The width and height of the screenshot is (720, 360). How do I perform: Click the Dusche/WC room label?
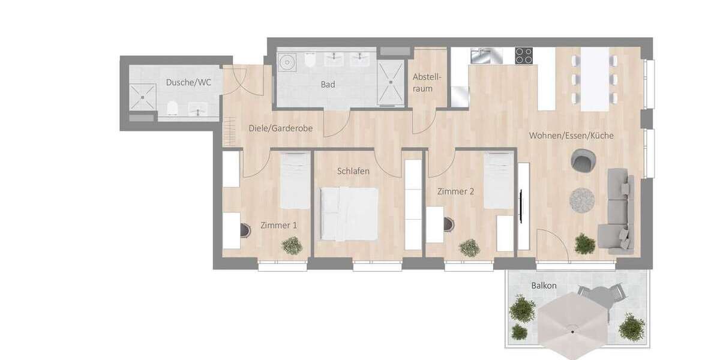coord(188,82)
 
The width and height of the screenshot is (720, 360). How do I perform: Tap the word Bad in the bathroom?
coord(328,85)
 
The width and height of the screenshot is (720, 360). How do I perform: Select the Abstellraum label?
coord(427,83)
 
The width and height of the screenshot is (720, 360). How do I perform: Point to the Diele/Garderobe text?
coord(281,128)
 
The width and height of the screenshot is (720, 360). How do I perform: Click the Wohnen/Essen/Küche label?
coord(571,136)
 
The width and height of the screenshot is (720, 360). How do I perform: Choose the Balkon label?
coord(544,286)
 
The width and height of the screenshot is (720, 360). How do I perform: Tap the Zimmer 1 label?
coord(278,226)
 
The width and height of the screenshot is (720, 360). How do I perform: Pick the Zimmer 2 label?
coord(455,192)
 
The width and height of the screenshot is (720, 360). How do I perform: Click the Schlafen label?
coord(353,171)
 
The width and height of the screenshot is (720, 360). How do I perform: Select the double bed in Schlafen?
coord(349,212)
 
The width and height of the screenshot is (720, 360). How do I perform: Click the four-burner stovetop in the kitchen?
coord(524,56)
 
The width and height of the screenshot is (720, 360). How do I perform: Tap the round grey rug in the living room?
coord(581,200)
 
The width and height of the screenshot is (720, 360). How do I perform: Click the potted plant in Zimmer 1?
coord(292,245)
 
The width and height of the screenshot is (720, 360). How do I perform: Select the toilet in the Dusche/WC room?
coord(173,108)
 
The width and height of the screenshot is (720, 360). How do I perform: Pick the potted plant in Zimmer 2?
coord(469,247)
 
